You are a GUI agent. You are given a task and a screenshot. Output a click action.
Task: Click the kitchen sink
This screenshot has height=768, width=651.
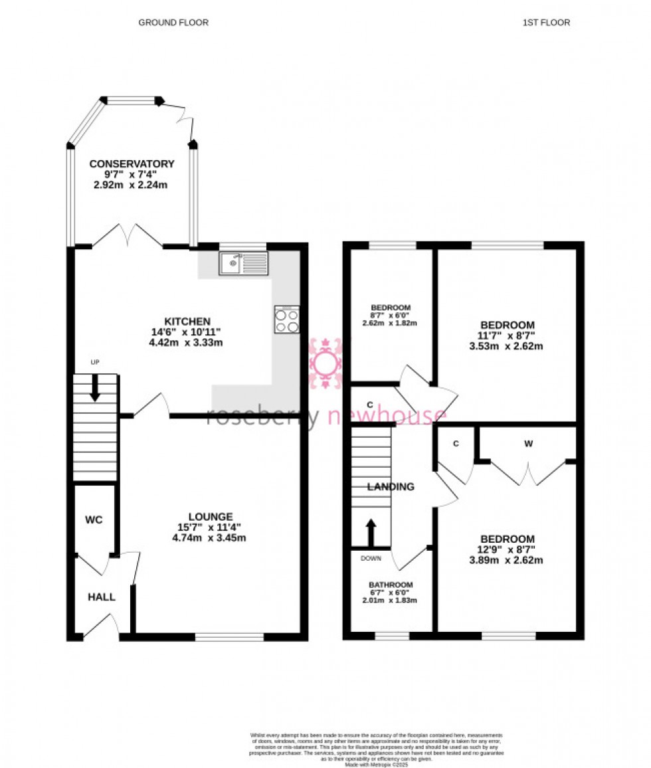pyautogui.click(x=243, y=264)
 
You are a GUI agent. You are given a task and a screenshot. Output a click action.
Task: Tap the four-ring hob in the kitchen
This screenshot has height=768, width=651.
pyautogui.click(x=286, y=320)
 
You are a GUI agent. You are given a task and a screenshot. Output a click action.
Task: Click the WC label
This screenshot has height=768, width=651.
pyautogui.click(x=94, y=520)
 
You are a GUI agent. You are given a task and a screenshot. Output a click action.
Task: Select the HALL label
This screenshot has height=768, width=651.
pyautogui.click(x=101, y=597)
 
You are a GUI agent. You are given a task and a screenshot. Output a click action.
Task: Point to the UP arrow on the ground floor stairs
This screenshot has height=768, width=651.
pyautogui.click(x=95, y=387)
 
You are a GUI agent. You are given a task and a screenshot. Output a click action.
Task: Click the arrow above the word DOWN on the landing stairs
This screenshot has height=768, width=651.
pyautogui.click(x=371, y=533)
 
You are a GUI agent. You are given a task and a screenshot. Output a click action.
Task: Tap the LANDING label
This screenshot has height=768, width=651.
pyautogui.click(x=391, y=487)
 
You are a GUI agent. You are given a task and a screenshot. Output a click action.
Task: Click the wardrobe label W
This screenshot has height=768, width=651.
pyautogui.click(x=529, y=443)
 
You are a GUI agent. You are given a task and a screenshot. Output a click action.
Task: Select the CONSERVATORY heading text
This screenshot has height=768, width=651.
pyautogui.click(x=132, y=164)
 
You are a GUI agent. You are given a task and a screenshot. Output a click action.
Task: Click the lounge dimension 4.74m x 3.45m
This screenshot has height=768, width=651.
pyautogui.click(x=209, y=538)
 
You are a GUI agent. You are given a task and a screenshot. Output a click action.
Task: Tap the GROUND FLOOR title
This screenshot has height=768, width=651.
pyautogui.click(x=173, y=23)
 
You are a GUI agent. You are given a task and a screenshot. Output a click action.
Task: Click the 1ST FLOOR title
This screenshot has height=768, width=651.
pyautogui.click(x=546, y=23)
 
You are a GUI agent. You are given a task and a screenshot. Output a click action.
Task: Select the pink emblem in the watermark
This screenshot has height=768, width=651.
pyautogui.click(x=325, y=363)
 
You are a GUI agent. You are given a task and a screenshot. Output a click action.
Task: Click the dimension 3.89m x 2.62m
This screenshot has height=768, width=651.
pyautogui.click(x=508, y=560)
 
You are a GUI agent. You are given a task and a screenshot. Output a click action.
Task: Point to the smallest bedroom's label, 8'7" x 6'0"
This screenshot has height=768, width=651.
pyautogui.click(x=391, y=316)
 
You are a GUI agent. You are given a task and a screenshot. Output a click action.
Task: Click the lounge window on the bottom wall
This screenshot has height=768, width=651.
pyautogui.click(x=229, y=637)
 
